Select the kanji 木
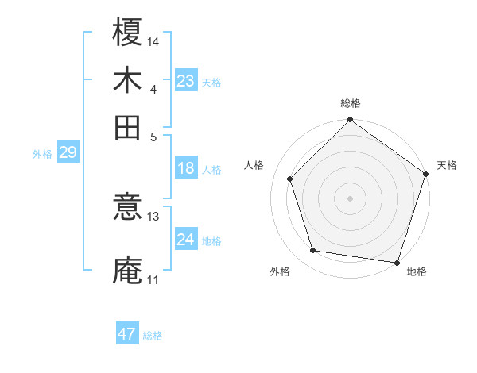[x=127, y=79]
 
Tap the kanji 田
[x=127, y=127]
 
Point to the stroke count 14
[x=154, y=41]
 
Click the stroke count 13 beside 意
[x=153, y=217]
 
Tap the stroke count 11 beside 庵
[x=153, y=279]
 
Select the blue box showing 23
[x=186, y=81]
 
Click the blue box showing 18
[x=186, y=168]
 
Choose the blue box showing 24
[x=186, y=240]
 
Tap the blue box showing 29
[x=68, y=152]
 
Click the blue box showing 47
[x=127, y=334]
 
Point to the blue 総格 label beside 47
[x=153, y=336]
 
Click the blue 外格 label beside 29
[x=42, y=154]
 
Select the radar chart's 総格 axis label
[x=351, y=104]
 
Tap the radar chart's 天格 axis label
[x=447, y=165]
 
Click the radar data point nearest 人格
[x=290, y=179]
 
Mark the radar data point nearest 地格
[x=397, y=262]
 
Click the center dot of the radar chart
[x=351, y=198]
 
